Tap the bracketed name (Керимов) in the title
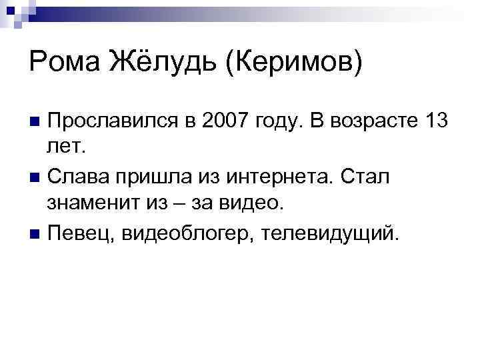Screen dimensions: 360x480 pyautogui.click(x=295, y=63)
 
